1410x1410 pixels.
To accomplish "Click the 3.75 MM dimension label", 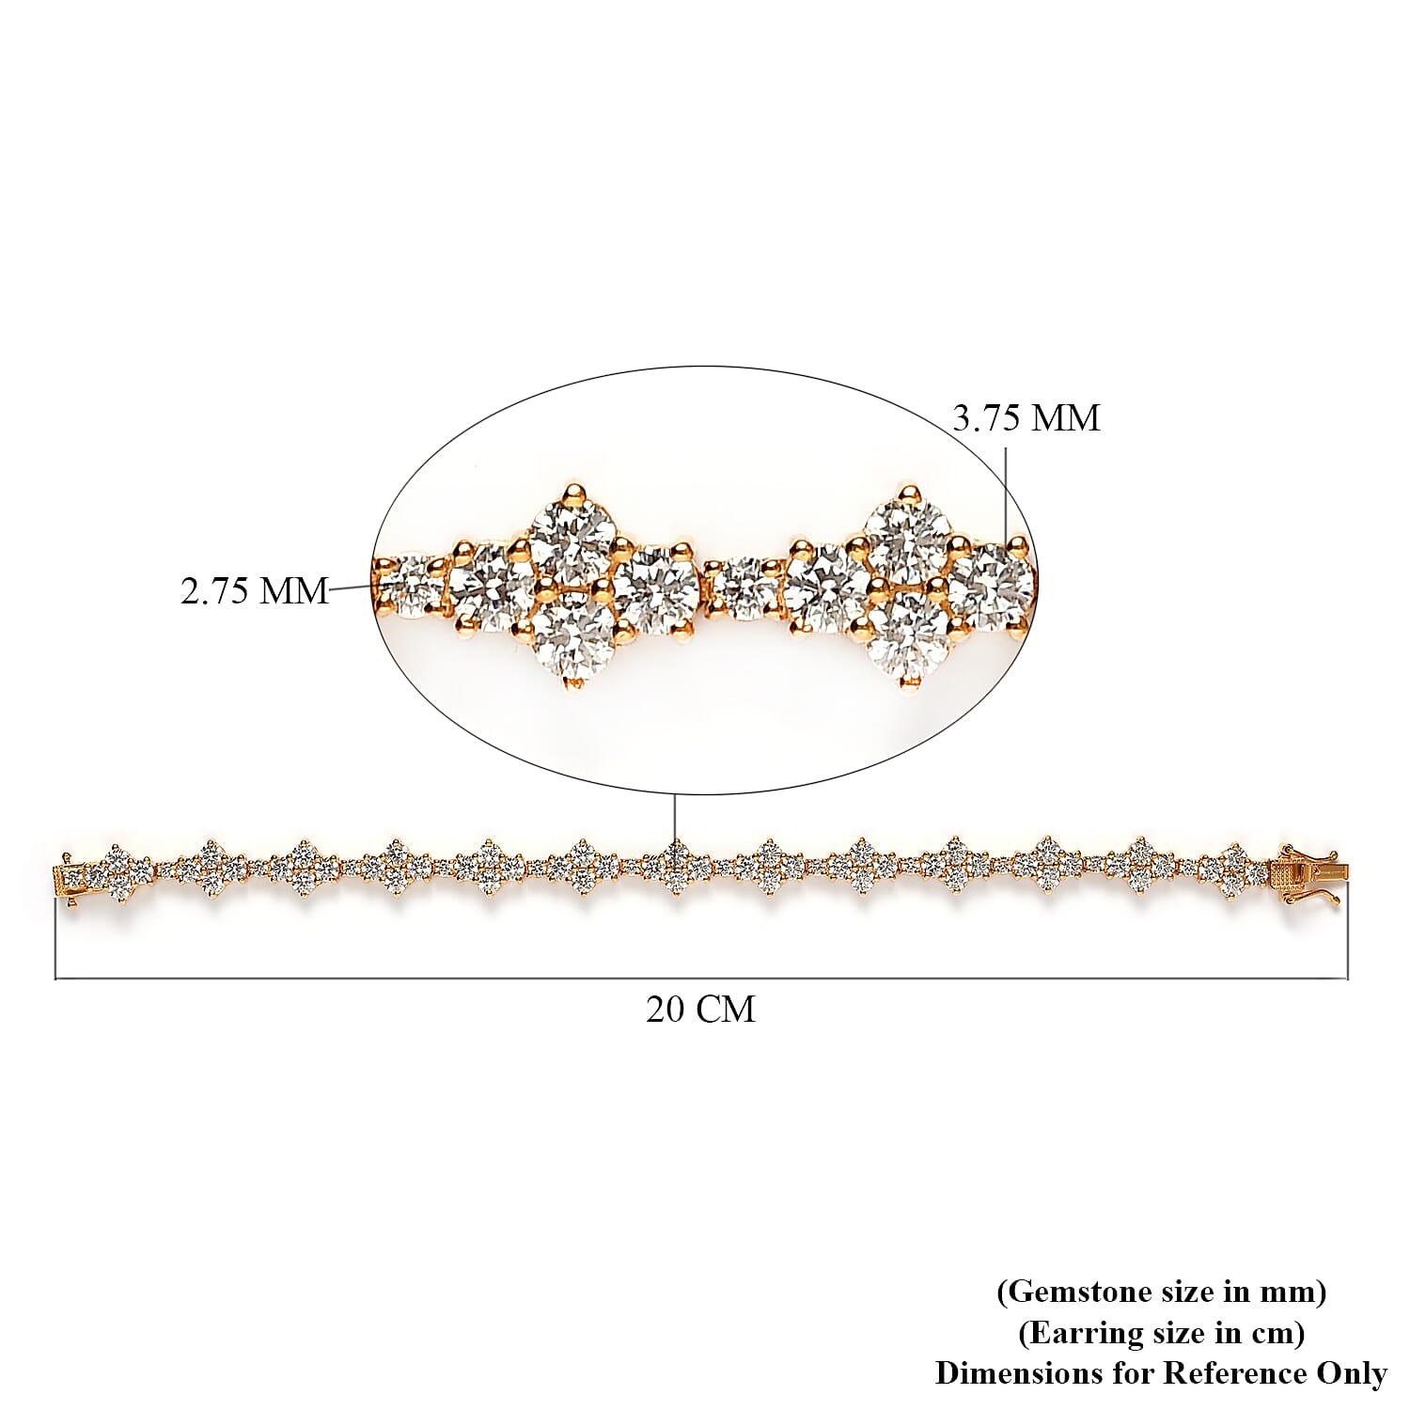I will point(1026,417).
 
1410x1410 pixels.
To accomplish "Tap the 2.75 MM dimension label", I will point(255,590).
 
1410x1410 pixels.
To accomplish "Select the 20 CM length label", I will point(700,1009).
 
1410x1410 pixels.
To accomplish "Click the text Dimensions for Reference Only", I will point(1161,1373).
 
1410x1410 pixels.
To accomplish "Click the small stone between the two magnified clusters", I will point(746,588).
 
